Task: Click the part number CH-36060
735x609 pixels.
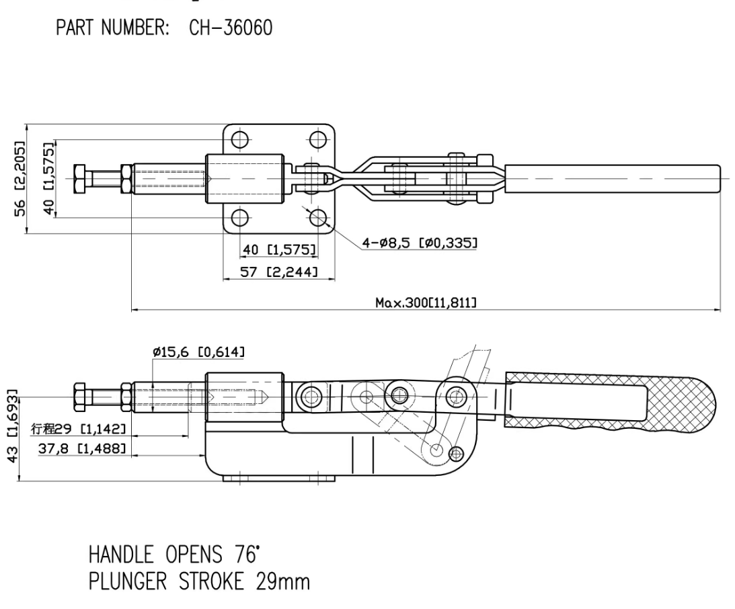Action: (x=230, y=28)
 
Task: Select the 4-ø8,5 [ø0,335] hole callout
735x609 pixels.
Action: (x=420, y=243)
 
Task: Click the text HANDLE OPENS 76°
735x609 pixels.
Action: (x=173, y=555)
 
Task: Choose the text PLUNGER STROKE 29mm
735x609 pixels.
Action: (x=199, y=582)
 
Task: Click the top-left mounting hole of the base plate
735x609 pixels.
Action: (x=240, y=140)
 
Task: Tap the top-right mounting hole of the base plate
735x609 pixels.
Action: (x=318, y=140)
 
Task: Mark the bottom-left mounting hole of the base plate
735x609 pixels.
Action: (x=240, y=218)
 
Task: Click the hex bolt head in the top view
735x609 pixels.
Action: (x=79, y=179)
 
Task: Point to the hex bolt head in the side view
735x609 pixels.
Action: (x=79, y=397)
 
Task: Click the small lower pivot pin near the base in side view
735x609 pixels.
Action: (x=456, y=454)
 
